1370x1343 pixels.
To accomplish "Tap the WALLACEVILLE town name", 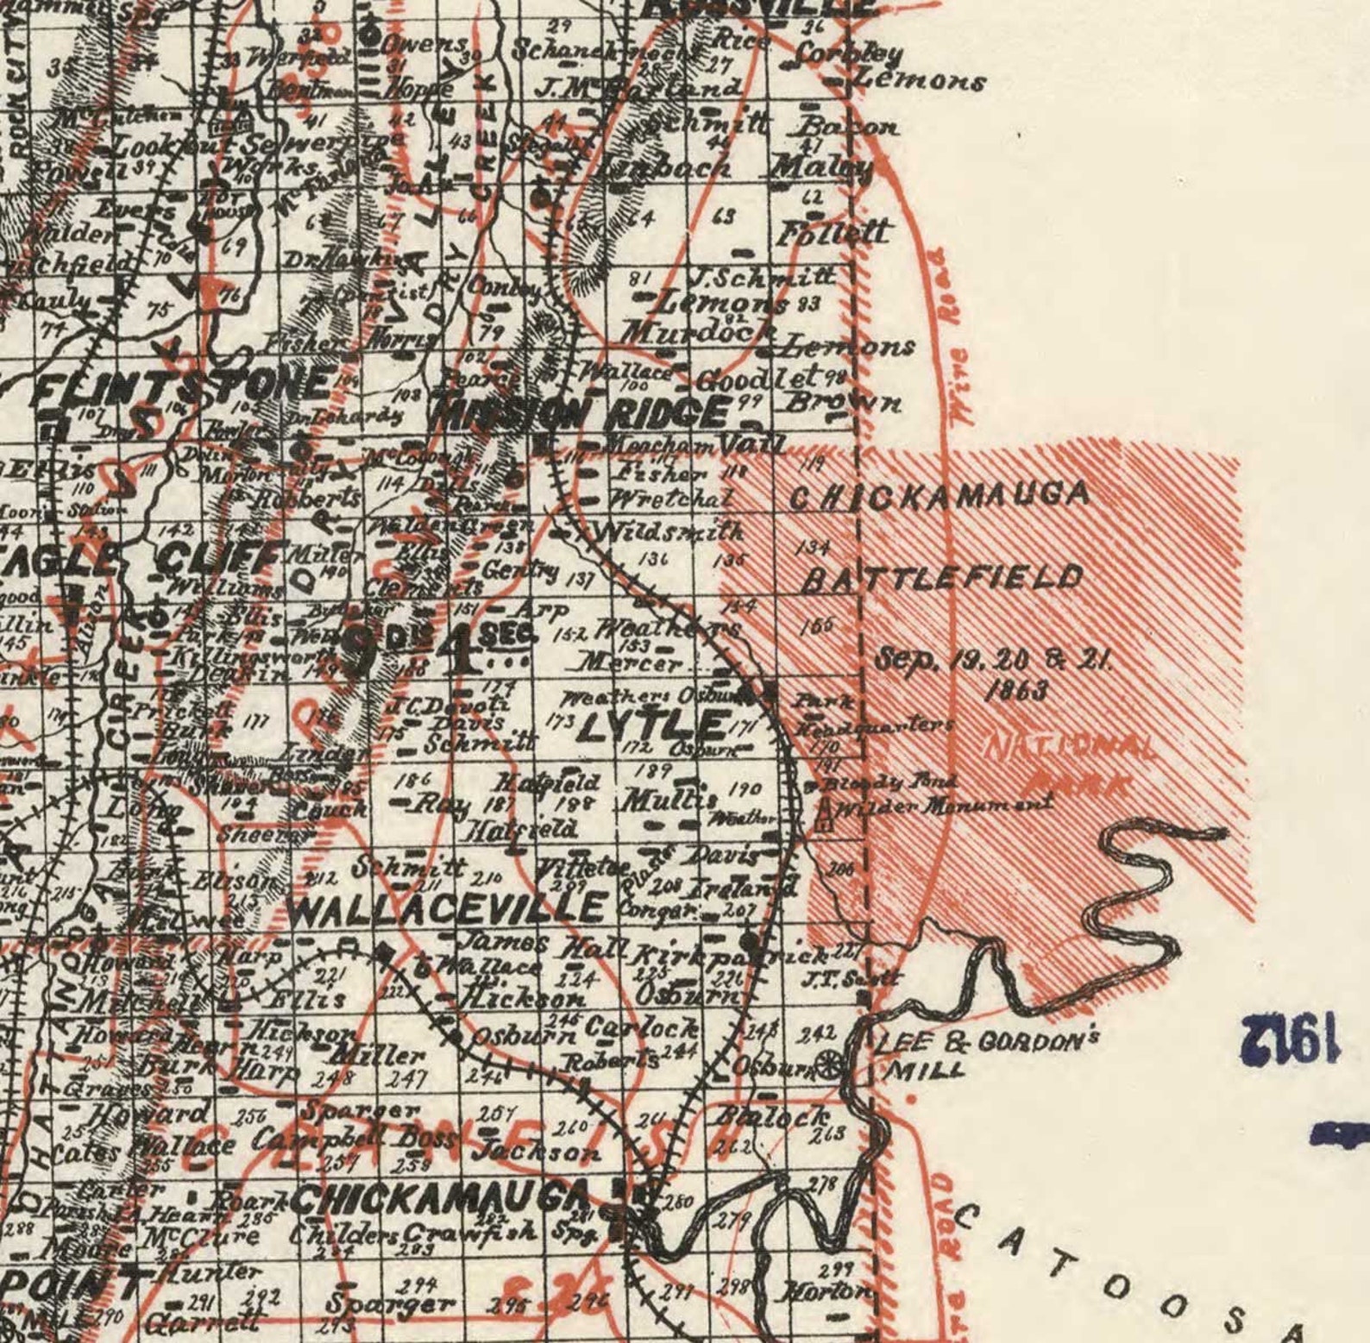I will pos(446,908).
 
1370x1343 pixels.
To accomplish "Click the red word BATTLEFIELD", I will pos(941,578).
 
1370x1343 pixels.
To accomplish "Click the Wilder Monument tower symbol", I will pos(825,813).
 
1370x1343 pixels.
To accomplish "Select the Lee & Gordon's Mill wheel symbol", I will pos(830,1064).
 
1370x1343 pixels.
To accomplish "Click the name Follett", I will pos(833,232).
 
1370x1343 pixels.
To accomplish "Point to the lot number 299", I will pos(835,1270).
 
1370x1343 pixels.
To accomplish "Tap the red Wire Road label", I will pos(946,336).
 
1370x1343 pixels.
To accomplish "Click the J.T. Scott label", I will pos(851,979).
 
